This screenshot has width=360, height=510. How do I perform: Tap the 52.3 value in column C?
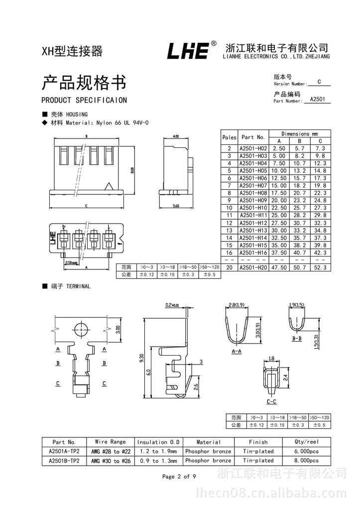[x=320, y=267]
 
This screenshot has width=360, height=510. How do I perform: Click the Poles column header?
[x=229, y=137]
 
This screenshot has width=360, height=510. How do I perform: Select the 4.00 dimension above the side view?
[x=175, y=136]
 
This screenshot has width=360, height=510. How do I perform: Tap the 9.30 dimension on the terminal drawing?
[x=141, y=357]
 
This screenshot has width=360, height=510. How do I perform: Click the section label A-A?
[x=237, y=351]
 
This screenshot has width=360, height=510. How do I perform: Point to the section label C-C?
[x=271, y=401]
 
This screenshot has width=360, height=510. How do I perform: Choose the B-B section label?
[x=297, y=338]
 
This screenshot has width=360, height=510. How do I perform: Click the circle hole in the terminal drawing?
[x=80, y=329]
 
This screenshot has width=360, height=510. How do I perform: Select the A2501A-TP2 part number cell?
[x=64, y=451]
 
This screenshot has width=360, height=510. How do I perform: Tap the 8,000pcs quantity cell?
[x=307, y=461]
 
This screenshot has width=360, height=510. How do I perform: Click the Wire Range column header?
[x=111, y=442]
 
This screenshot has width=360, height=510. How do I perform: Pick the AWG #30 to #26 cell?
[x=111, y=461]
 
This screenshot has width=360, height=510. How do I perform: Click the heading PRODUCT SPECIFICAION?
[x=84, y=100]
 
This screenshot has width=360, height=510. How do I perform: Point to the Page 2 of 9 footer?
[x=179, y=477]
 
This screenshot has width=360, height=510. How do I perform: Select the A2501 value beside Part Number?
[x=317, y=99]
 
